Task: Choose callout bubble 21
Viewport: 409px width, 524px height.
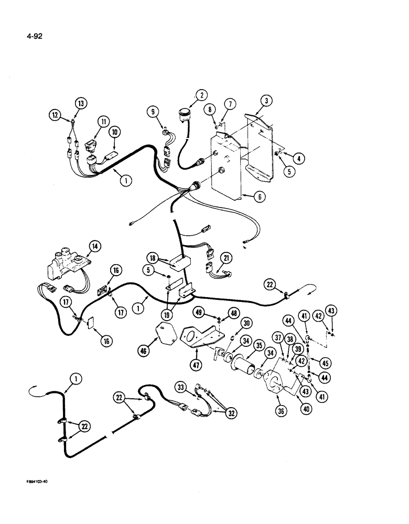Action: coord(226,257)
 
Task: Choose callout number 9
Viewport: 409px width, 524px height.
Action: coord(153,111)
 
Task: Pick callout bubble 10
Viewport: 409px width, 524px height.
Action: coord(115,134)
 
